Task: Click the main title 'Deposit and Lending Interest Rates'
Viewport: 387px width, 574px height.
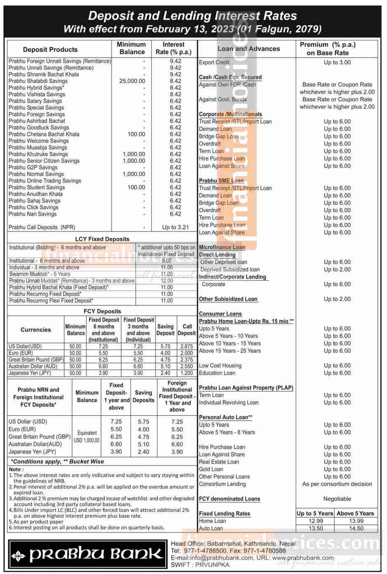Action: tap(192, 16)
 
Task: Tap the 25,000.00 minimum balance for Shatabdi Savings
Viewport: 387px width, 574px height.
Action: tap(132, 81)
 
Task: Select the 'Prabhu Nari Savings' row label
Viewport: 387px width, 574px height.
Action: tap(33, 214)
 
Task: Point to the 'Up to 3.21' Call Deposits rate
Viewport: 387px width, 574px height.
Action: tap(175, 227)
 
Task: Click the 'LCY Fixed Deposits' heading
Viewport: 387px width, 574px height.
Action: tap(102, 239)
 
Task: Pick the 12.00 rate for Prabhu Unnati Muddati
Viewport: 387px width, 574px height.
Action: tap(167, 281)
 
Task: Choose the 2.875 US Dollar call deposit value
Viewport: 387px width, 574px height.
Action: tap(187, 347)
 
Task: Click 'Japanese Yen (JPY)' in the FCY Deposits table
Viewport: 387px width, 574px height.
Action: tap(30, 373)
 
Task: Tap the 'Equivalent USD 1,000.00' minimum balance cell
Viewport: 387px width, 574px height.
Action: tap(87, 436)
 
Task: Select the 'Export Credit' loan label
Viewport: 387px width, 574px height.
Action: tap(214, 63)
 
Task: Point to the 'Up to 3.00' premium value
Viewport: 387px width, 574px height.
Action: tap(337, 63)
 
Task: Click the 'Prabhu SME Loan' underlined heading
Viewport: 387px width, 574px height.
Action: tap(221, 180)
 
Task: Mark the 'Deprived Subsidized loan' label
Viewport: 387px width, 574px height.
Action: tap(230, 269)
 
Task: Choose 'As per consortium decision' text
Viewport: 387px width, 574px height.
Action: tap(337, 484)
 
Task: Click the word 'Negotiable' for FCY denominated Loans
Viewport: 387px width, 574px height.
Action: tap(337, 499)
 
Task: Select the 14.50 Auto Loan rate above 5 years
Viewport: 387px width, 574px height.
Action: tap(356, 528)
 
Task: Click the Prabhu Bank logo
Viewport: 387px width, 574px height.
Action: tap(87, 554)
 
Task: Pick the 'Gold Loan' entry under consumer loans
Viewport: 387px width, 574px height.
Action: tap(211, 469)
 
